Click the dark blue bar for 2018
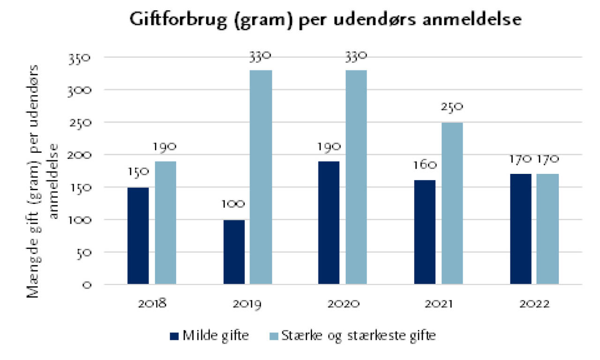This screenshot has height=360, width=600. click(x=138, y=236)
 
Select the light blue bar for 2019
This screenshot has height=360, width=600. click(x=261, y=177)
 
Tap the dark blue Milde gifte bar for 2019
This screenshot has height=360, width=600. click(x=234, y=252)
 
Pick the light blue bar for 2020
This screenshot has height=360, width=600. click(x=356, y=177)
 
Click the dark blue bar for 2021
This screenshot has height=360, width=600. click(x=425, y=232)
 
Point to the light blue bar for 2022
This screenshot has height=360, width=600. click(x=547, y=229)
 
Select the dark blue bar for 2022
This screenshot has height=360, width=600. click(x=520, y=229)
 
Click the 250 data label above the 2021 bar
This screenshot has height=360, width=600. click(x=452, y=107)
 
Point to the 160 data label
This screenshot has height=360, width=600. click(x=425, y=165)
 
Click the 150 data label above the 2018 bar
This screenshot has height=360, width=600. click(x=138, y=172)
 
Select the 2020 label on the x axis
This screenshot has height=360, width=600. click(x=343, y=304)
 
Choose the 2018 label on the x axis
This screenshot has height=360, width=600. click(x=152, y=304)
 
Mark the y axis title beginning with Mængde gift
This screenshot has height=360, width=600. click(x=43, y=180)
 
